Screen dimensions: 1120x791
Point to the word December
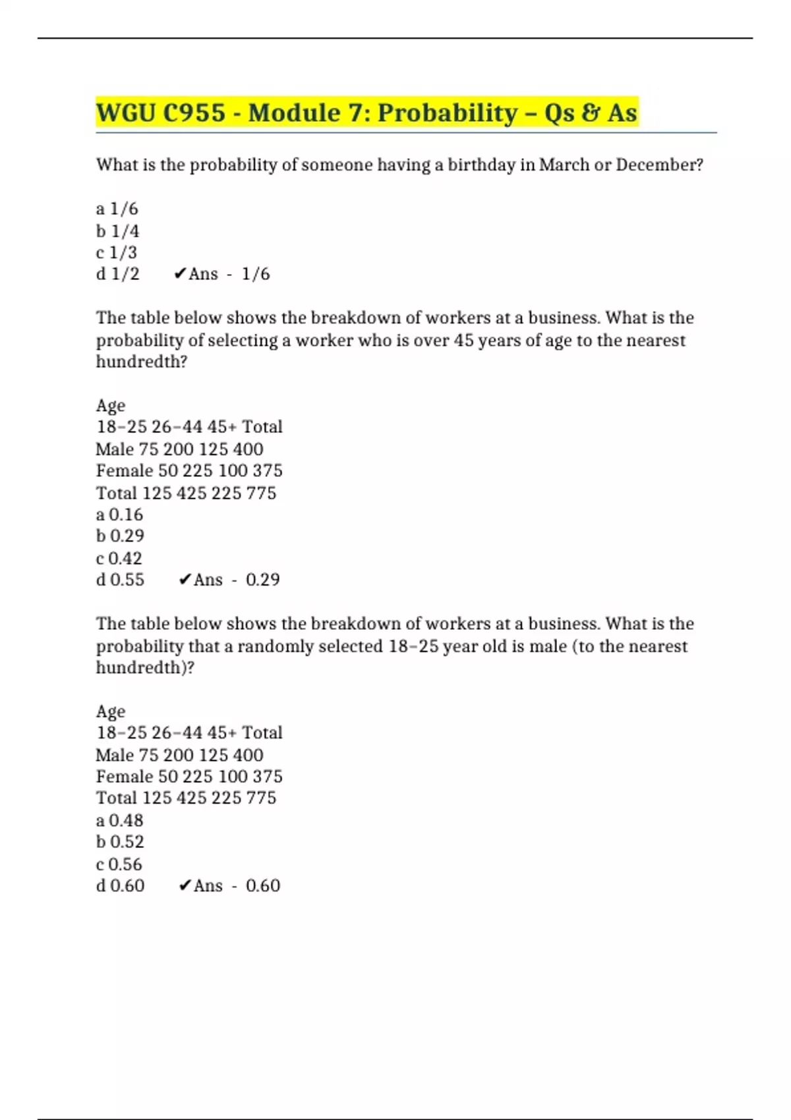coord(659,165)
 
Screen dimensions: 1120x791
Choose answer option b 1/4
coord(117,231)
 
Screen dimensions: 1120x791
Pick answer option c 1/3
coord(117,252)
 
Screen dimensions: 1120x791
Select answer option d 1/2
coord(117,274)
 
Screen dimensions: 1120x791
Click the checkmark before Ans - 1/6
coord(180,274)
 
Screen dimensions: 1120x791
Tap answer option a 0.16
coord(119,515)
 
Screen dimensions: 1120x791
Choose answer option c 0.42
coord(119,559)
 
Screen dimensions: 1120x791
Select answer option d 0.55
coord(120,580)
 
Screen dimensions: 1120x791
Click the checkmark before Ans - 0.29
coord(185,580)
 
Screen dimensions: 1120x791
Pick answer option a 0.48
coord(119,820)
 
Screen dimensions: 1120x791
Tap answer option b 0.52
coord(120,842)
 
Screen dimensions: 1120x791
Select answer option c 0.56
coord(119,864)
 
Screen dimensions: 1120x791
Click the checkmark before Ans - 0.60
coord(185,885)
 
